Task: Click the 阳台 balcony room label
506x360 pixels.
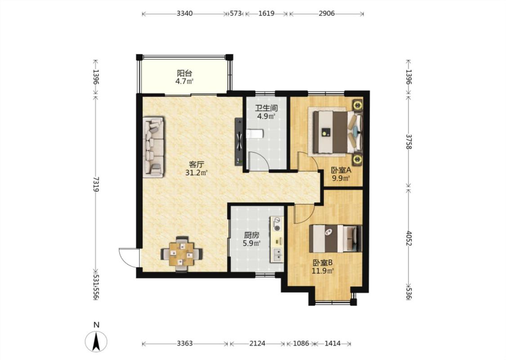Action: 184,74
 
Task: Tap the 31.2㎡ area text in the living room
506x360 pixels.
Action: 196,173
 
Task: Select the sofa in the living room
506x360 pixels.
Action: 154,147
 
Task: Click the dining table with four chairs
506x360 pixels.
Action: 182,254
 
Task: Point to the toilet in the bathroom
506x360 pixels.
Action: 255,134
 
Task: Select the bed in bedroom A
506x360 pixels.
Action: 336,132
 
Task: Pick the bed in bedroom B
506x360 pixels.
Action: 336,238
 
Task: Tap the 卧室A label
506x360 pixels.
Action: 341,170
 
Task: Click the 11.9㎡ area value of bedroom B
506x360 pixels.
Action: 322,271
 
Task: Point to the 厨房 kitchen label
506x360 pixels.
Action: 251,235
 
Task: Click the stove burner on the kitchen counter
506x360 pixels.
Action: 277,224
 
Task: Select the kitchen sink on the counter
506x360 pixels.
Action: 277,255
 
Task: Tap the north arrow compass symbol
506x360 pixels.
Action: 96,341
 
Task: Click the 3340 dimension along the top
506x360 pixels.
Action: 185,13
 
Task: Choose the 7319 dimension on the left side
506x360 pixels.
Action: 95,184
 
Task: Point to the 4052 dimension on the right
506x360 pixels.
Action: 409,238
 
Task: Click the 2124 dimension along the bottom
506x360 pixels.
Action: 258,343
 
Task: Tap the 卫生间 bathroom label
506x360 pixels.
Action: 266,108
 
